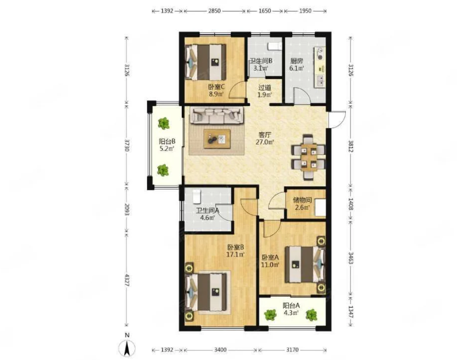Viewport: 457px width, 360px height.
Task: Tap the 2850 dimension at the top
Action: pos(214,11)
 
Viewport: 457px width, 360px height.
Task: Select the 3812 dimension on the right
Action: pos(350,145)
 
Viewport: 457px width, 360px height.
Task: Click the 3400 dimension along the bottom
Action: pos(220,350)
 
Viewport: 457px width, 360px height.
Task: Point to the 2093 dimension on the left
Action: pos(127,209)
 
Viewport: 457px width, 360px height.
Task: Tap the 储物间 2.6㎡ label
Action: pos(302,203)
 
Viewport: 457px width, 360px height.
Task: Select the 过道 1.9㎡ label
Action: pos(264,91)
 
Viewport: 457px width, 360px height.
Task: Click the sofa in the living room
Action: pos(217,116)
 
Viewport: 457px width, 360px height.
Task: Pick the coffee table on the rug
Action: pos(217,139)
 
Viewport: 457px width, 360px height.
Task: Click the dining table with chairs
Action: pos(309,157)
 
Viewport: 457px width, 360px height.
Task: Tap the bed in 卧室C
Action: pos(206,62)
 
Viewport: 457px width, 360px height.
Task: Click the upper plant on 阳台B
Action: pos(164,124)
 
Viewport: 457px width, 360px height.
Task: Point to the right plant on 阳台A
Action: pos(311,315)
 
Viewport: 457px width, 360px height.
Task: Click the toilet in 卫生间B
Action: pos(275,46)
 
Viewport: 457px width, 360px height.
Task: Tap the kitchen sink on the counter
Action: pos(320,80)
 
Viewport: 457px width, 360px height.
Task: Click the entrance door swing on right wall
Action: pos(337,120)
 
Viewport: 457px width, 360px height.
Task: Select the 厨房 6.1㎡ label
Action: pos(296,65)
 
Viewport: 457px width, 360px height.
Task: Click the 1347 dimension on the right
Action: pos(350,312)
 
